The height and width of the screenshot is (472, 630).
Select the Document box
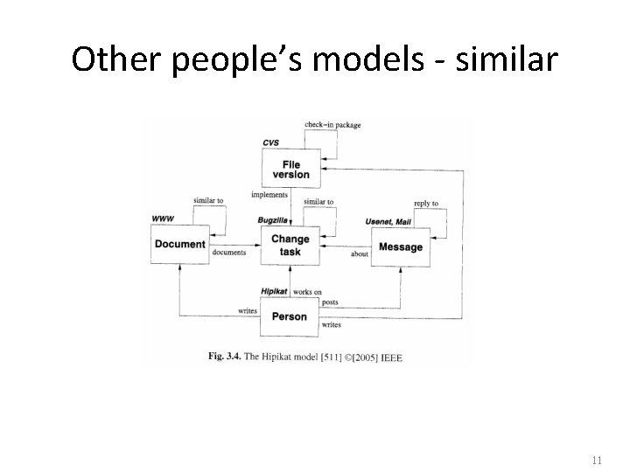pyautogui.click(x=179, y=245)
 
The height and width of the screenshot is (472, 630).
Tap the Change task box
pyautogui.click(x=290, y=246)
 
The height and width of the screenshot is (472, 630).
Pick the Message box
pyautogui.click(x=400, y=247)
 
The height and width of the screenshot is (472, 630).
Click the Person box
pyautogui.click(x=289, y=316)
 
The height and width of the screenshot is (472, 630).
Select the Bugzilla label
pyautogui.click(x=275, y=220)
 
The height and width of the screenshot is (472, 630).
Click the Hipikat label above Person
pyautogui.click(x=274, y=291)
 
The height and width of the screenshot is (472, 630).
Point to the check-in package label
pyautogui.click(x=332, y=125)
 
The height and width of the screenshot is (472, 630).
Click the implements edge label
pyautogui.click(x=269, y=194)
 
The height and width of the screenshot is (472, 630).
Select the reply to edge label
pyautogui.click(x=426, y=204)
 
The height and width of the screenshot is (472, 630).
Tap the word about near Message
pyautogui.click(x=360, y=255)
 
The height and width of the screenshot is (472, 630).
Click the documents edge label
pyautogui.click(x=229, y=253)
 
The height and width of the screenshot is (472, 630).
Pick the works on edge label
pyautogui.click(x=307, y=291)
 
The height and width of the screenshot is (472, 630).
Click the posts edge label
pyautogui.click(x=330, y=302)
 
